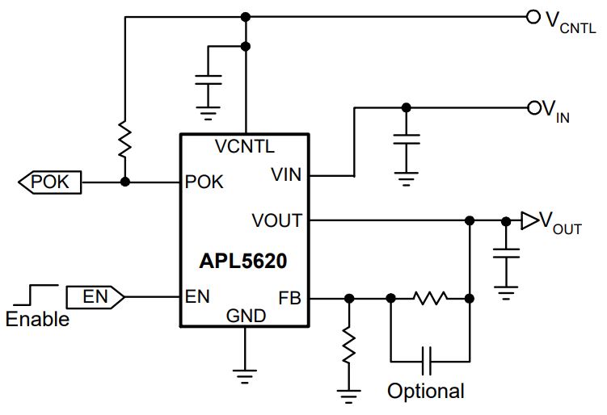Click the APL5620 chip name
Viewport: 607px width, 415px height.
[x=242, y=261]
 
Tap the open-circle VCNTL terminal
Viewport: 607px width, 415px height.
[x=533, y=17]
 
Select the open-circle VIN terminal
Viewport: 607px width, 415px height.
[x=533, y=108]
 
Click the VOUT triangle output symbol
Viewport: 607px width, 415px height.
[x=529, y=221]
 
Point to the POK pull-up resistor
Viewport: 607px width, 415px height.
[x=124, y=139]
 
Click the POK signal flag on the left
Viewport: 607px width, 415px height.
[x=50, y=182]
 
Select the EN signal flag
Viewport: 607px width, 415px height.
[x=95, y=297]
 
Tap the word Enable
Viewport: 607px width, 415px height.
[x=37, y=320]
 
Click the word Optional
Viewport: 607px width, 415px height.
[x=426, y=391]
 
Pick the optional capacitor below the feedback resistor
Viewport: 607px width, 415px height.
[x=427, y=361]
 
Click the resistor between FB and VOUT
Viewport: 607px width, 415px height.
[x=431, y=298]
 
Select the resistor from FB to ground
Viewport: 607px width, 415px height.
[x=349, y=346]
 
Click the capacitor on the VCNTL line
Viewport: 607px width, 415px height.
[x=209, y=80]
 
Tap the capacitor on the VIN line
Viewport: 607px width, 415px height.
[x=406, y=139]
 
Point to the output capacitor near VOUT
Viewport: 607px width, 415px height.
[x=506, y=254]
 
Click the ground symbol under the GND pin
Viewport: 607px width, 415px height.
[x=245, y=376]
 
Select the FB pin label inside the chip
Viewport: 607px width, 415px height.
[x=289, y=298]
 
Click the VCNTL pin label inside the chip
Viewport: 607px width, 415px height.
[x=245, y=147]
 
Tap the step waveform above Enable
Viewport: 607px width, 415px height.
[x=36, y=295]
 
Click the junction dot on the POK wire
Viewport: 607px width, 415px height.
[x=124, y=182]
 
